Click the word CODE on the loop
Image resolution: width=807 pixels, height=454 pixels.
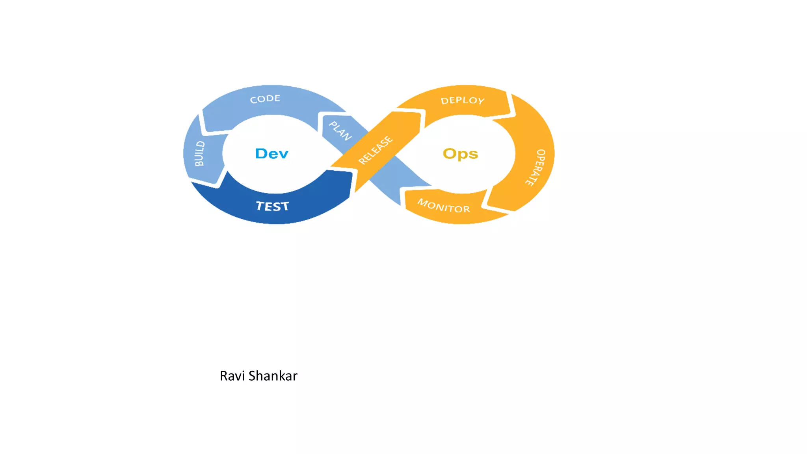[265, 99]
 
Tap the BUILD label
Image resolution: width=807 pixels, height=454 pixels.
[200, 154]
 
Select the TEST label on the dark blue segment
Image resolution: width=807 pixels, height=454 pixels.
[272, 206]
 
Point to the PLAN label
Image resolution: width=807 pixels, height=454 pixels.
[340, 131]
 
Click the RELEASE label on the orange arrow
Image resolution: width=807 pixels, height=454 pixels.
[376, 150]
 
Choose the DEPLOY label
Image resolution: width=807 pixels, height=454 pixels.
[463, 100]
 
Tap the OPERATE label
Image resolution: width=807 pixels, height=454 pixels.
[536, 167]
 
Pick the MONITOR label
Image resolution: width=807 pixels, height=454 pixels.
[444, 206]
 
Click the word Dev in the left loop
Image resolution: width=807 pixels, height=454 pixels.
[272, 153]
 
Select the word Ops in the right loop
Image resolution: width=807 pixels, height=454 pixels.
[460, 154]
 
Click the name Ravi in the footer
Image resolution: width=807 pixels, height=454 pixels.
[232, 376]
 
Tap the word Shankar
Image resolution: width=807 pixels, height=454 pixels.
[273, 376]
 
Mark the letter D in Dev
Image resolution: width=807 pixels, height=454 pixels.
[261, 153]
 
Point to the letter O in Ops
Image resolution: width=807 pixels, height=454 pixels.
[450, 153]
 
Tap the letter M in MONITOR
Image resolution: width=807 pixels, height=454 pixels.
[423, 203]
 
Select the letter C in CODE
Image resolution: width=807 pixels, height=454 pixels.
[253, 100]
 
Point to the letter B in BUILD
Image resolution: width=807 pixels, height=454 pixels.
[199, 162]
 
